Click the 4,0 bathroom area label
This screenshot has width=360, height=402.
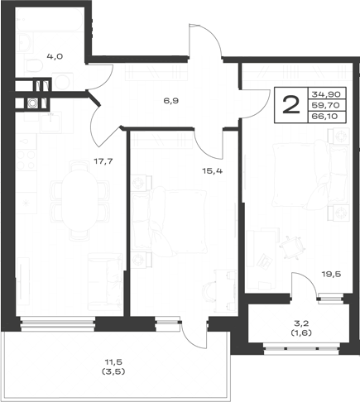pos(55,56)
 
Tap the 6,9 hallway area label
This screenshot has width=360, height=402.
pos(171,101)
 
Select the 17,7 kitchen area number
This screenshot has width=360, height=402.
pos(103,161)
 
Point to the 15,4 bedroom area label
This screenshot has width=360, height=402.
pos(213,171)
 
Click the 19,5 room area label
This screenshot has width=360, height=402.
pos(332,274)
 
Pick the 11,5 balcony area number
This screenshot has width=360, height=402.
pos(113,361)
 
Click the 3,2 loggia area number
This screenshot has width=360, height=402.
pos(301,323)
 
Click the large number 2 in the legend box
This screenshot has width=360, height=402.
pos(291,105)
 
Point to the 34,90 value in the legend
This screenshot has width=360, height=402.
pos(326,94)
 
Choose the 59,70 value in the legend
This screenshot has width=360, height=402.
pos(326,105)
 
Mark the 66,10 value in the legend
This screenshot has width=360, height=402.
pos(324,116)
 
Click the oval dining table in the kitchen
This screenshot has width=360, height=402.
pos(79,200)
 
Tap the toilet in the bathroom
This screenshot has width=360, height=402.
pos(35,66)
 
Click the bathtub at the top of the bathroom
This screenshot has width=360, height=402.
pos(50,20)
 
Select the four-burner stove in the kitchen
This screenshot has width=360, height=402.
pos(26,160)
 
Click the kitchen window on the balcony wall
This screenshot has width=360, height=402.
pos(58,323)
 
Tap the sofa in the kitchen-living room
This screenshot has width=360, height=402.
pos(105,282)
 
